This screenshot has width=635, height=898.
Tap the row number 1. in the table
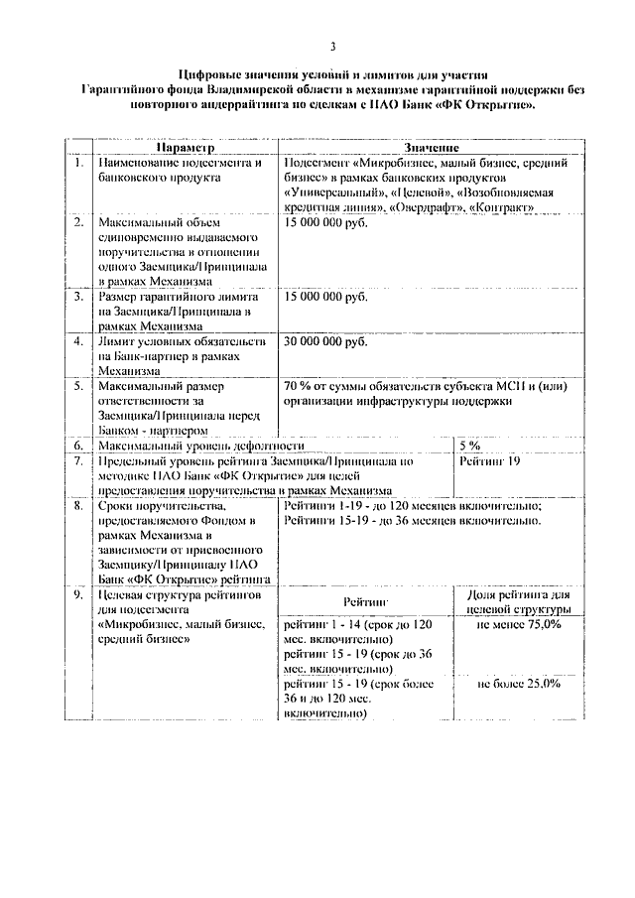(76, 161)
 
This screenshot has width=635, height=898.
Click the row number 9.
(76, 594)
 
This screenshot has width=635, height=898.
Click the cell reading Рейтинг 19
(491, 462)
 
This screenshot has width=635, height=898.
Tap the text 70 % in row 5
(299, 386)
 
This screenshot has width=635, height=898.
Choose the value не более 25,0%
(519, 684)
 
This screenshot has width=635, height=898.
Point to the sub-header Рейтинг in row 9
(365, 602)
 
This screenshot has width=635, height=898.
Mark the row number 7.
(76, 462)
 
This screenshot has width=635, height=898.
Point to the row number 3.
(76, 297)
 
